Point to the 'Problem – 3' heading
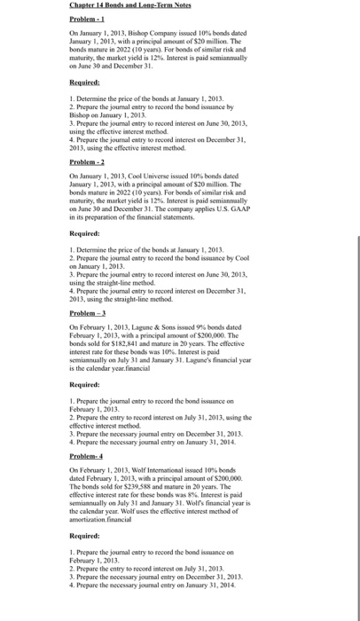pyautogui.click(x=89, y=316)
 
